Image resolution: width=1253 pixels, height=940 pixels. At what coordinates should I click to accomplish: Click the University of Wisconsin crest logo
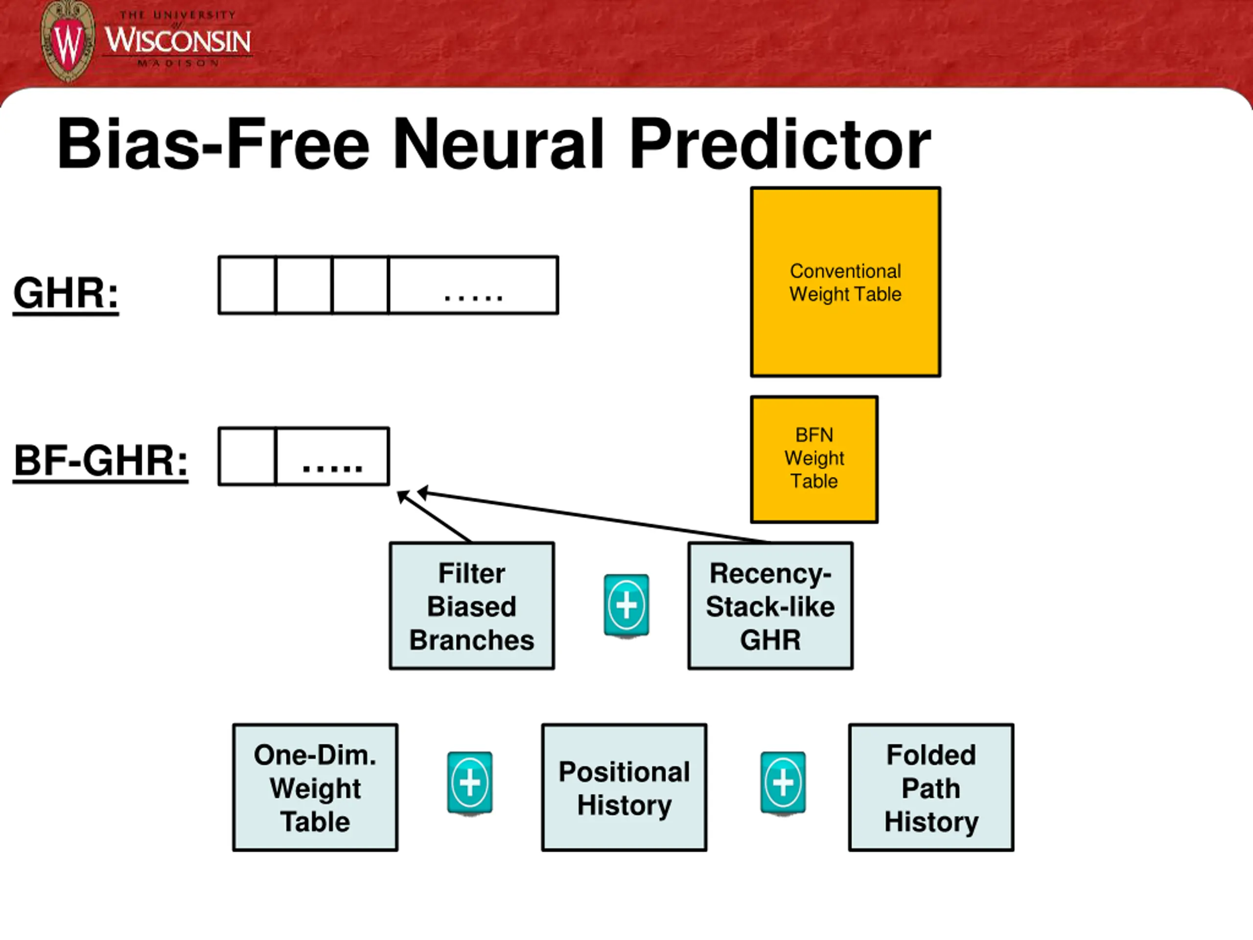[x=69, y=41]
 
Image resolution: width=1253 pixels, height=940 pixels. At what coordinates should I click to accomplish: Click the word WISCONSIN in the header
[x=178, y=41]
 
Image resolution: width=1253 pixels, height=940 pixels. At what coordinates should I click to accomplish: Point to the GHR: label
[x=66, y=293]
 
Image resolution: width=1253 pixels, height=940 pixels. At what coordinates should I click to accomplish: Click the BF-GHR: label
[x=101, y=461]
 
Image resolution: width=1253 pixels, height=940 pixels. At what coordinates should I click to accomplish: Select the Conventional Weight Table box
[x=846, y=282]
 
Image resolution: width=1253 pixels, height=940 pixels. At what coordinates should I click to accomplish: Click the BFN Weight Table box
[x=814, y=459]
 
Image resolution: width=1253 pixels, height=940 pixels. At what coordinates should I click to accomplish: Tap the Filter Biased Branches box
[x=472, y=606]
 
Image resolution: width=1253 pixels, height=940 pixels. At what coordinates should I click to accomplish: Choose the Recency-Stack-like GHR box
[x=770, y=606]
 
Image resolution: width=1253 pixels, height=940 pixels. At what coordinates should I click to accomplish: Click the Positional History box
[x=624, y=788]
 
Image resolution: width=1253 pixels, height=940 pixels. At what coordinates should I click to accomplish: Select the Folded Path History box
[x=931, y=788]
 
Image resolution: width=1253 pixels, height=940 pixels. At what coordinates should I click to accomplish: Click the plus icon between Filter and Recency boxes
[x=626, y=606]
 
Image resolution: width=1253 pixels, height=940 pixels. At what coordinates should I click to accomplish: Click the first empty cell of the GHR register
[x=247, y=285]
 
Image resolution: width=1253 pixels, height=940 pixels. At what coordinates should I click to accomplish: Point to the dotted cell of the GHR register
[x=474, y=285]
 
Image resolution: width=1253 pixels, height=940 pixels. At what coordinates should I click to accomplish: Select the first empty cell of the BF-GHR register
[x=247, y=456]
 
